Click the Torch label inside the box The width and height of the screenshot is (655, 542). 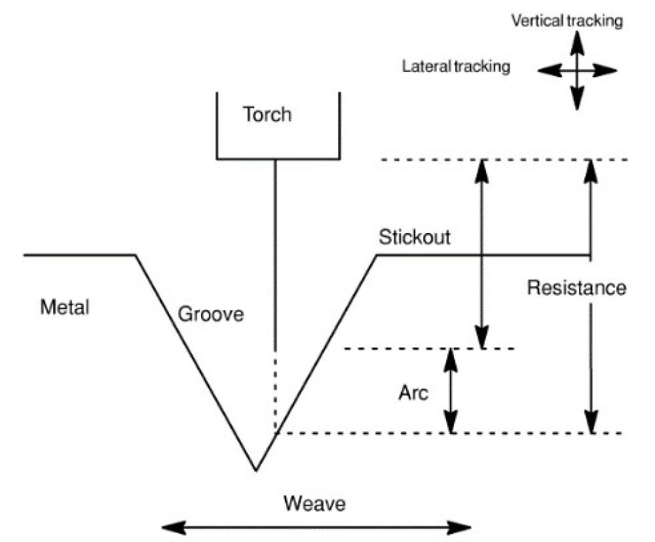coord(267,115)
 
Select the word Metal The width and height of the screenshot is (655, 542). coord(64,306)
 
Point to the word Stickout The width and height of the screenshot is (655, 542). coord(415,237)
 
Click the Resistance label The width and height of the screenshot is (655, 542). coord(576,288)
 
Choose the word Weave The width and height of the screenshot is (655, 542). coord(314,504)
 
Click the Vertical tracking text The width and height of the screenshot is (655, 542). coord(566,21)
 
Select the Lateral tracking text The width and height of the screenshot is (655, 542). coord(456,66)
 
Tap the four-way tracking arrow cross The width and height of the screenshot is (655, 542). coord(576,69)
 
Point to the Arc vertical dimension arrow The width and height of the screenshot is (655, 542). coord(451,391)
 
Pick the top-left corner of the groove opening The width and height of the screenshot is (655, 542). coord(136,255)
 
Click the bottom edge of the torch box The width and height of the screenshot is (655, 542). coord(278,159)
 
